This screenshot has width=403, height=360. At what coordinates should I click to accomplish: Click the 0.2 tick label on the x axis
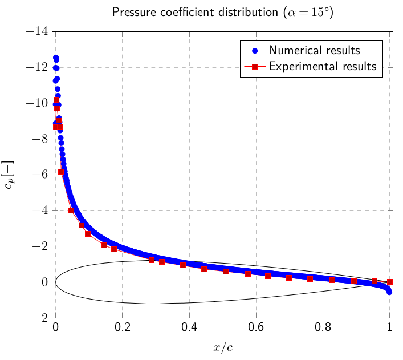[x=122, y=328]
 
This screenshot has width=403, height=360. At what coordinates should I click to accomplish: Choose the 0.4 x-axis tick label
[x=189, y=328]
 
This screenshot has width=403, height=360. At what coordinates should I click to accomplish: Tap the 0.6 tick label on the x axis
[x=256, y=328]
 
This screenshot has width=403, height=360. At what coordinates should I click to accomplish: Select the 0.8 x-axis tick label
[x=323, y=328]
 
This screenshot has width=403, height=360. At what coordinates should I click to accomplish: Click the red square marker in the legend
[x=255, y=66]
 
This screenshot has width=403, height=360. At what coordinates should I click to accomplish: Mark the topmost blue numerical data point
[x=55, y=58]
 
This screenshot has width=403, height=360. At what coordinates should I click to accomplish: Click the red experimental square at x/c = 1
[x=390, y=281]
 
